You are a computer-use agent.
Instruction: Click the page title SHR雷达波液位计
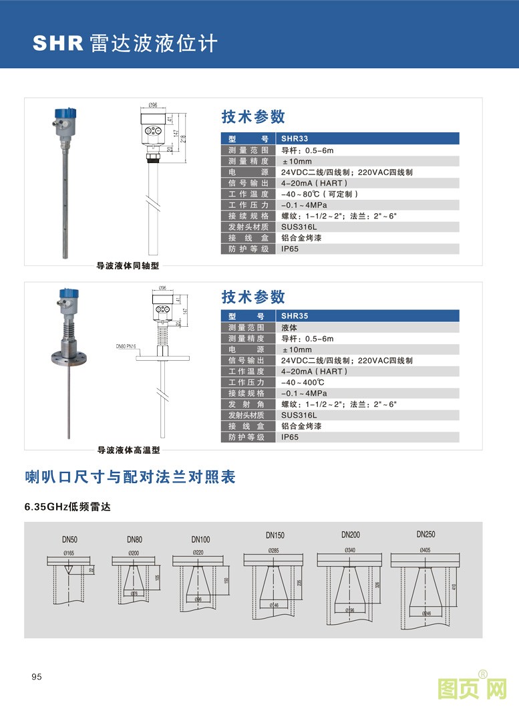[x=126, y=43]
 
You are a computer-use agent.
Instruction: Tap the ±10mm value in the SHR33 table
[x=297, y=162]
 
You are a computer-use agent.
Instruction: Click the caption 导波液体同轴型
[x=128, y=266]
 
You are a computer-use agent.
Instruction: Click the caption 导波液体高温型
[x=128, y=450]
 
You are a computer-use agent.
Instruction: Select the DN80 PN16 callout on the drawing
[x=126, y=346]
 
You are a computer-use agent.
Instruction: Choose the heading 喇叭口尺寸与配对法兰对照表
[x=130, y=477]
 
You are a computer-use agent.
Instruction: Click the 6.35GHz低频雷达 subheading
[x=67, y=507]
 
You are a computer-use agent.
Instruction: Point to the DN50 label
[x=69, y=539]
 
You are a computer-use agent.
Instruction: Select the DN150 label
[x=275, y=535]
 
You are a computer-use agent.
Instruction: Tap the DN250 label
[x=425, y=534]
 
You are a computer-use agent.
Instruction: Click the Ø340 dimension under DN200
[x=350, y=550]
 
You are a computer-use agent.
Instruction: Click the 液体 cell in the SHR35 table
[x=289, y=328]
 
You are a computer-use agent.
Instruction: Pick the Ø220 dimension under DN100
[x=198, y=553]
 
